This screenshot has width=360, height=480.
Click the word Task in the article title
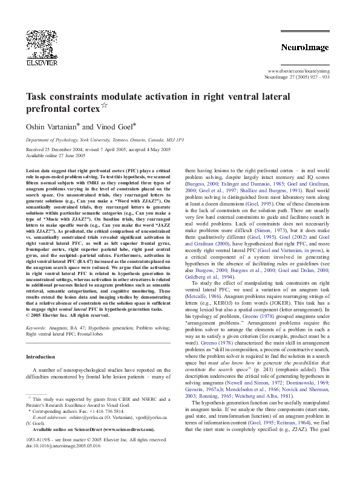coord(34,97)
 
